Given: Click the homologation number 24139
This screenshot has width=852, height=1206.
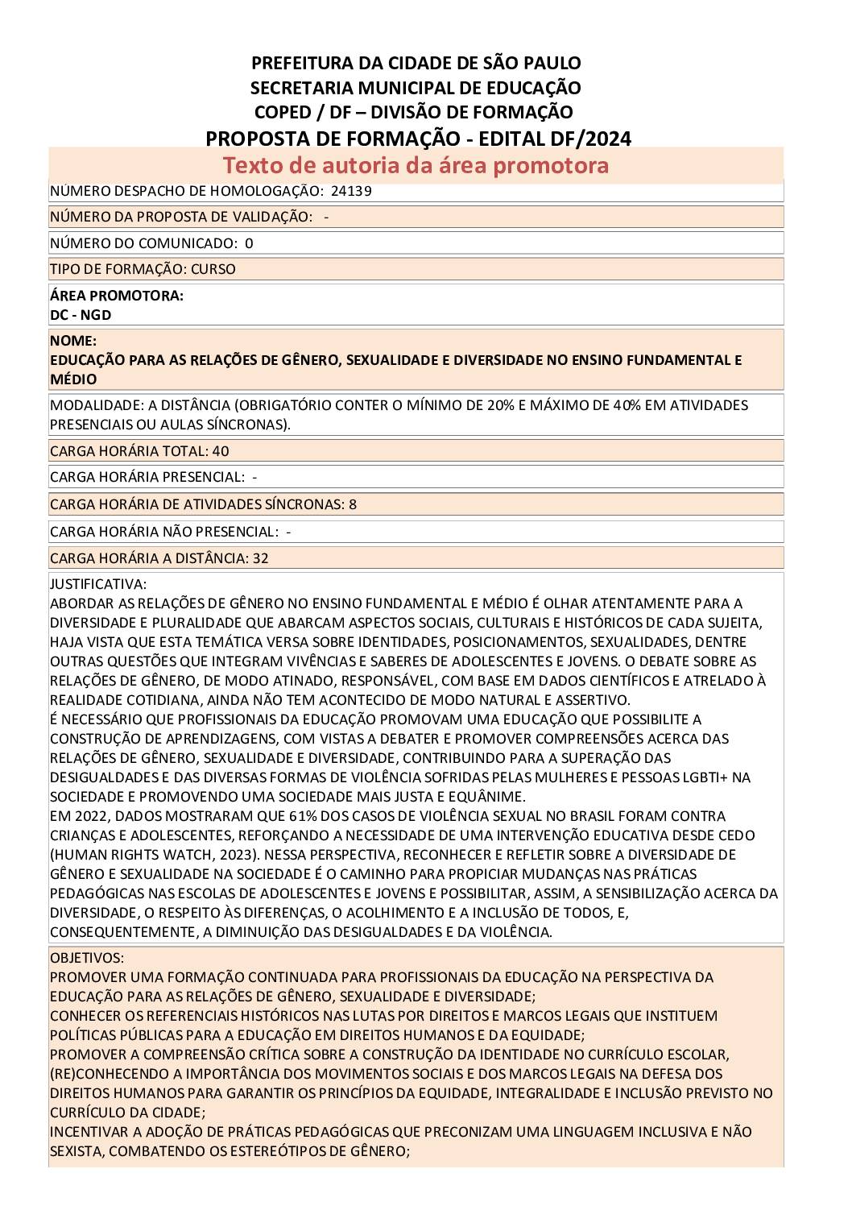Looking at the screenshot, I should (x=351, y=191).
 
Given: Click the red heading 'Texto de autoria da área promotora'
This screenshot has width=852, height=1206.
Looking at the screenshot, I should (x=416, y=165).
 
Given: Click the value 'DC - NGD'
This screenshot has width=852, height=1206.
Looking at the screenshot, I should (x=81, y=315).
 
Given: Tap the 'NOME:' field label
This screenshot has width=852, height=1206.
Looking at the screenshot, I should (x=73, y=341).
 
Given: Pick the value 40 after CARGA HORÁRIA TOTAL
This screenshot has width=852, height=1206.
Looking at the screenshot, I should (x=221, y=451).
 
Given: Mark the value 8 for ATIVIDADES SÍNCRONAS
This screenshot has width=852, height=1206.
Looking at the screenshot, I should (x=353, y=504).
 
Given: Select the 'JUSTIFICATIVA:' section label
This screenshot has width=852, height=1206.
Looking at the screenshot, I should (x=98, y=584).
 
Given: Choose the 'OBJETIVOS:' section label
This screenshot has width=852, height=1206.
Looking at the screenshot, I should (x=87, y=958).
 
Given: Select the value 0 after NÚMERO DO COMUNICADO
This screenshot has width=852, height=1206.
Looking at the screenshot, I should (x=249, y=243).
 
